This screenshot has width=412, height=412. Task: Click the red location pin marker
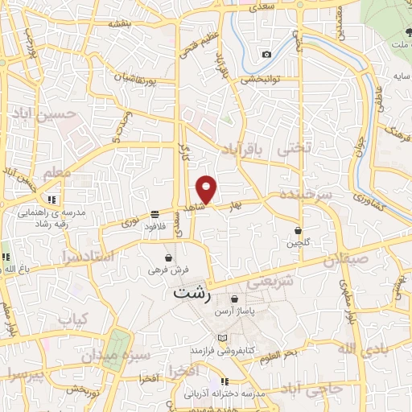[x=208, y=189]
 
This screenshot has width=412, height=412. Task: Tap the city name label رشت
[x=192, y=294]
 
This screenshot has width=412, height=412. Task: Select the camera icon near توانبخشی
[x=266, y=55]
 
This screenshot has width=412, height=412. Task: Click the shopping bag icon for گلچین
[x=299, y=229]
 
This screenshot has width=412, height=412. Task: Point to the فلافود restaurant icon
[x=154, y=215]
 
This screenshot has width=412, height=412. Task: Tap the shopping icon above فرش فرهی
[x=167, y=258]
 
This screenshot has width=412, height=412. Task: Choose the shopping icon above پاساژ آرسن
[x=234, y=299]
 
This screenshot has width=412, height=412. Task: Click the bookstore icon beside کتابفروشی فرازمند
[x=224, y=338]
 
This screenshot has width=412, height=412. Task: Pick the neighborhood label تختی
[x=292, y=149]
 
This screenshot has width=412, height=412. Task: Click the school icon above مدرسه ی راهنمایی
[x=52, y=200]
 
